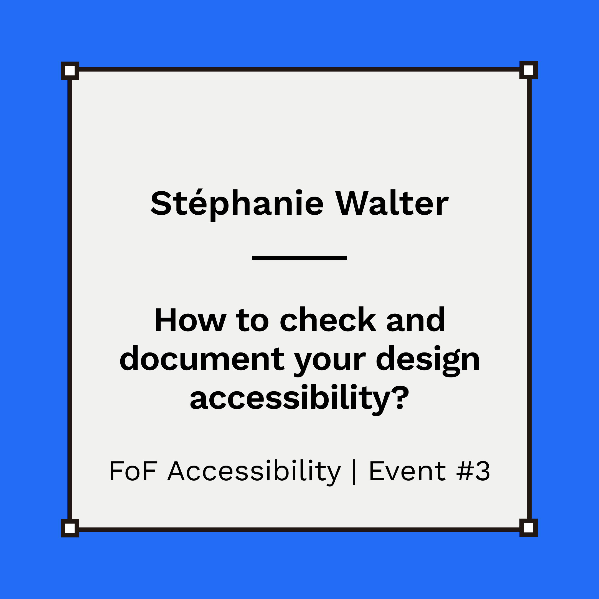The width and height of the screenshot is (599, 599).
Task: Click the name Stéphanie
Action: coord(237,203)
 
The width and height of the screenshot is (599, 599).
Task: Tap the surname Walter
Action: coord(392,203)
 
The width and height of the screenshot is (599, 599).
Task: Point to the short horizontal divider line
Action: coord(299,258)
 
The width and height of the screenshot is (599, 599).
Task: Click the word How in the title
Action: coord(190,320)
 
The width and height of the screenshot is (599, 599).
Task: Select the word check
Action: coord(328,320)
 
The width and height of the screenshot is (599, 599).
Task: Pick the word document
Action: coord(202,359)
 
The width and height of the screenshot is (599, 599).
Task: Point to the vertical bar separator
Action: coord(354,472)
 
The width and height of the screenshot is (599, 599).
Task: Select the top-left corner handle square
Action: coord(70,71)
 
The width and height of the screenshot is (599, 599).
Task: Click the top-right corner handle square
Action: coord(529,70)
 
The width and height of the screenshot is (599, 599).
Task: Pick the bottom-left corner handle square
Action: coord(70,528)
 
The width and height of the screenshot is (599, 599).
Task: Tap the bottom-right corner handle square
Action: coord(529,528)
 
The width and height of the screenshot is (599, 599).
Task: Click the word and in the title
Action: coord(416,320)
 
